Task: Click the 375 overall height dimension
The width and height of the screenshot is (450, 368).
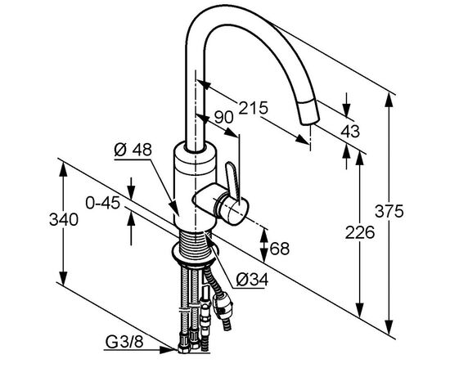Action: (389, 211)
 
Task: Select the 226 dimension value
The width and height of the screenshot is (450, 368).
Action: (360, 232)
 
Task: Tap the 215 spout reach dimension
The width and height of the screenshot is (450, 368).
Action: (253, 108)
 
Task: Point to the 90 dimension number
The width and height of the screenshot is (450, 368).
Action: (224, 117)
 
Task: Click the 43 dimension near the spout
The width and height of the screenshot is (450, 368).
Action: (350, 132)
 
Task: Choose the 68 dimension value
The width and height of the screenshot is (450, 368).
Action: (280, 249)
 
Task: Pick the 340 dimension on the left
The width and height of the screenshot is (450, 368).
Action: (64, 220)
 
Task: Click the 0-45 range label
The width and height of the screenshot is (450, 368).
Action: (103, 204)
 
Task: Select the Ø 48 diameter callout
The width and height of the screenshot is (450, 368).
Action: (133, 150)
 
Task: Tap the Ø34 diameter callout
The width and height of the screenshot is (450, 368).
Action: (252, 280)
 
